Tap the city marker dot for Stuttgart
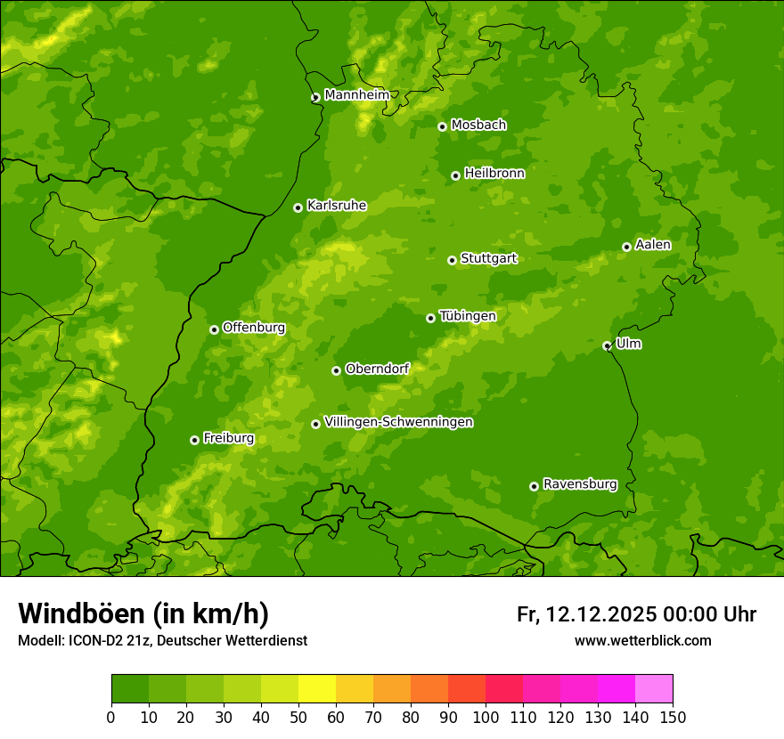point(452,260)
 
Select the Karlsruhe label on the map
point(336,206)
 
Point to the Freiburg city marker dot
point(194,440)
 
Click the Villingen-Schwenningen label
point(398,422)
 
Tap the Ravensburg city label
point(579,484)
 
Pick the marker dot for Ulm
point(607,345)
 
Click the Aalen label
point(652,245)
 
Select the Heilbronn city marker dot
point(455,175)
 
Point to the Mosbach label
point(478,125)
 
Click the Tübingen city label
point(467,316)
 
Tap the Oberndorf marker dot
point(336,370)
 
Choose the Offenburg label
point(253,328)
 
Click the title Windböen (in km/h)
point(143,613)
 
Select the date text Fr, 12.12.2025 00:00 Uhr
point(636,614)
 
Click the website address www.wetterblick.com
point(642,640)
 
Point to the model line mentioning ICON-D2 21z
point(162,640)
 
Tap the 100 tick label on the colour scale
point(486,718)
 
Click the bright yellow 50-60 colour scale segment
point(317,689)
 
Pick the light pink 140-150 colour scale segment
point(654,689)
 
